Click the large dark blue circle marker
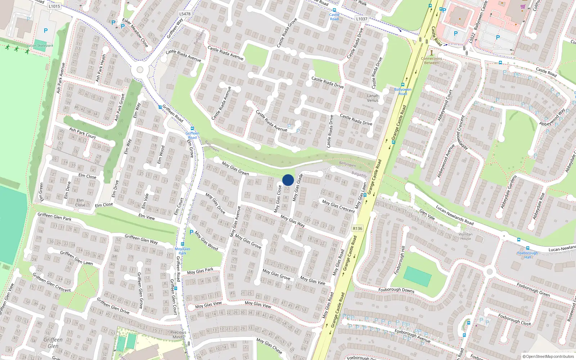(288, 180)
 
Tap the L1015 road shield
(54, 6)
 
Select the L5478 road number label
(185, 14)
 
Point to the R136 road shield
(357, 229)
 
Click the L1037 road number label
(361, 19)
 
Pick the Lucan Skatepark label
(40, 46)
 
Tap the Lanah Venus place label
(373, 98)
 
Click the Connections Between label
(431, 60)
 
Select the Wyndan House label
(465, 236)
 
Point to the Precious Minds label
(178, 334)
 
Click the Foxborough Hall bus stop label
(527, 255)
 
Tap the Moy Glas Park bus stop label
(183, 251)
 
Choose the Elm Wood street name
(161, 155)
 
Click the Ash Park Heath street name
(101, 67)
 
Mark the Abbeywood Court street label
(445, 105)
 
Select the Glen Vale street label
(427, 215)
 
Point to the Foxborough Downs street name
(396, 290)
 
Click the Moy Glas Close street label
(278, 199)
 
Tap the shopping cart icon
(523, 6)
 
